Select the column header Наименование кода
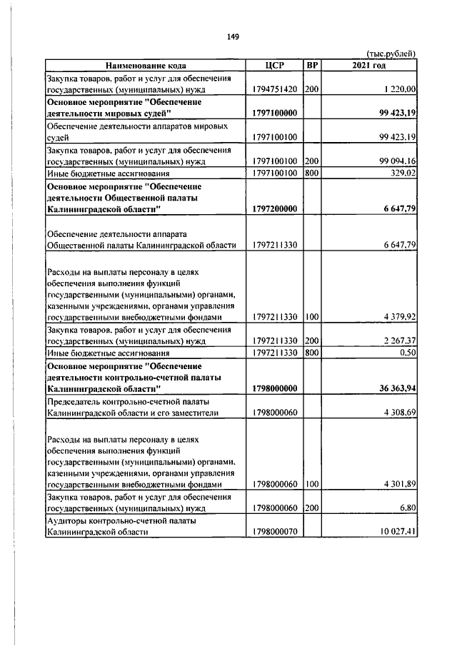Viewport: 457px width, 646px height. click(145, 66)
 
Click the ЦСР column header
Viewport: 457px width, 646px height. click(274, 66)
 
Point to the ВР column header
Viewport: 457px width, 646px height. click(312, 66)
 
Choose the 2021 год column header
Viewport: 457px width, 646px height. click(369, 66)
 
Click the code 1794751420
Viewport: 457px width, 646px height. click(274, 89)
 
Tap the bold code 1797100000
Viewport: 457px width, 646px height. click(274, 113)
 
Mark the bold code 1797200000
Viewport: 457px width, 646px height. click(274, 208)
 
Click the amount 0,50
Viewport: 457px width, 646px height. click(408, 353)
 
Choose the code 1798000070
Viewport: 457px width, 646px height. click(274, 533)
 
